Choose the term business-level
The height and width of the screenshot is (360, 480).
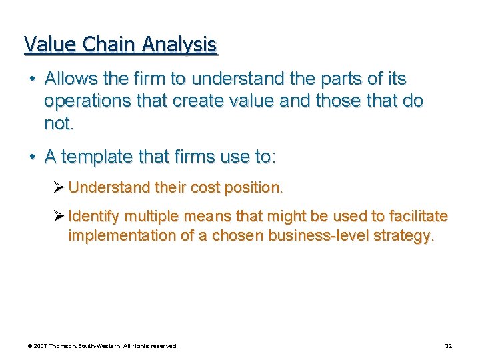tap(326, 237)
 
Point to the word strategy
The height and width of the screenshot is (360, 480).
tap(407, 237)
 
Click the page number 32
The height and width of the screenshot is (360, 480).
tap(449, 346)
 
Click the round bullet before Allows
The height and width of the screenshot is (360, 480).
tap(32, 79)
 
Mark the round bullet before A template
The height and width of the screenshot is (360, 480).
tap(32, 157)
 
